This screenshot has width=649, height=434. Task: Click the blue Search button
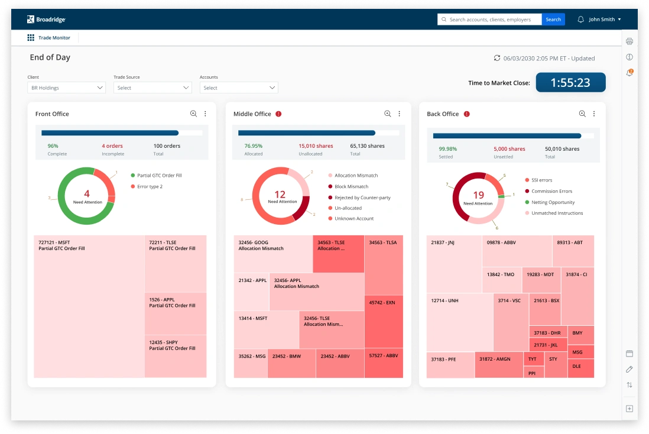(x=553, y=20)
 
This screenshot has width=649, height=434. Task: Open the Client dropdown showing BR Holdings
(x=66, y=88)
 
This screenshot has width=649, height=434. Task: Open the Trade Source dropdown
(x=152, y=88)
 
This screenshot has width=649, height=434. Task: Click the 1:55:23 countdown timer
(x=570, y=83)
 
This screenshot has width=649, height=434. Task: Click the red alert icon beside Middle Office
(x=278, y=114)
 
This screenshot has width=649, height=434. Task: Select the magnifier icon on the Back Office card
(x=582, y=114)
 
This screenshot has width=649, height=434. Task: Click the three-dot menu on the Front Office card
(x=205, y=114)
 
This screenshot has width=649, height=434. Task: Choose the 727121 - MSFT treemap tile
(x=89, y=306)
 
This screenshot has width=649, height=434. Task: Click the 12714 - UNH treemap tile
(x=459, y=322)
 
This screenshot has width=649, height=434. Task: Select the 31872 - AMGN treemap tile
(x=499, y=365)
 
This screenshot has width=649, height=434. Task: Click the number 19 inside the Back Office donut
(x=478, y=195)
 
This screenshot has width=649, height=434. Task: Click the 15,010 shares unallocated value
(x=316, y=146)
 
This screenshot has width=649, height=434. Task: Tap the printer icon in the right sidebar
(x=629, y=41)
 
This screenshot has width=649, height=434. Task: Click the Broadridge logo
(x=47, y=20)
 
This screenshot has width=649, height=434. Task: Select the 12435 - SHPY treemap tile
(x=176, y=356)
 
